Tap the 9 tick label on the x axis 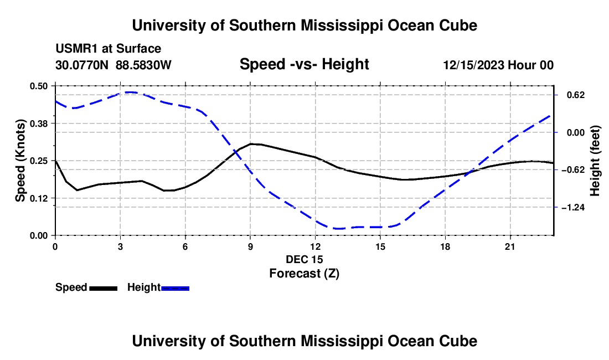coord(250,246)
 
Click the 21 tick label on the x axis coord(510,246)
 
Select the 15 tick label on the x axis coord(380,246)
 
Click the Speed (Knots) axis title coord(20,161)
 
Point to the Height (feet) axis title coord(595,161)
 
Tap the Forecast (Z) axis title coord(304,274)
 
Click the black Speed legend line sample coord(104,289)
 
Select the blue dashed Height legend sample coord(175,289)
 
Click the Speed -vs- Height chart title coord(304,64)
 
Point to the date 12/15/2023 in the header coord(473,65)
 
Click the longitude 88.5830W coord(143,65)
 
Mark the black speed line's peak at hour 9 coord(251,143)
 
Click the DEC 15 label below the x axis coord(304,259)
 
